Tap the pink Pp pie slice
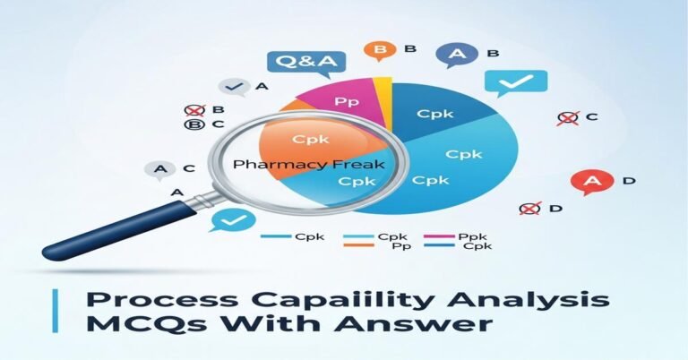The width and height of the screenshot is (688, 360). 346,99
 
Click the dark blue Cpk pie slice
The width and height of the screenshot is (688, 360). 435,115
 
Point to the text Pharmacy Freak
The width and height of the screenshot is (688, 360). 307,166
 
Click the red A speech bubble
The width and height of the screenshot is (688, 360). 591,182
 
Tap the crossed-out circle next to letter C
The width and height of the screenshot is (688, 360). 567,117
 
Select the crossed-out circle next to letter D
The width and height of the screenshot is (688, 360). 530,209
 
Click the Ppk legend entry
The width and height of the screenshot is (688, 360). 464,237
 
